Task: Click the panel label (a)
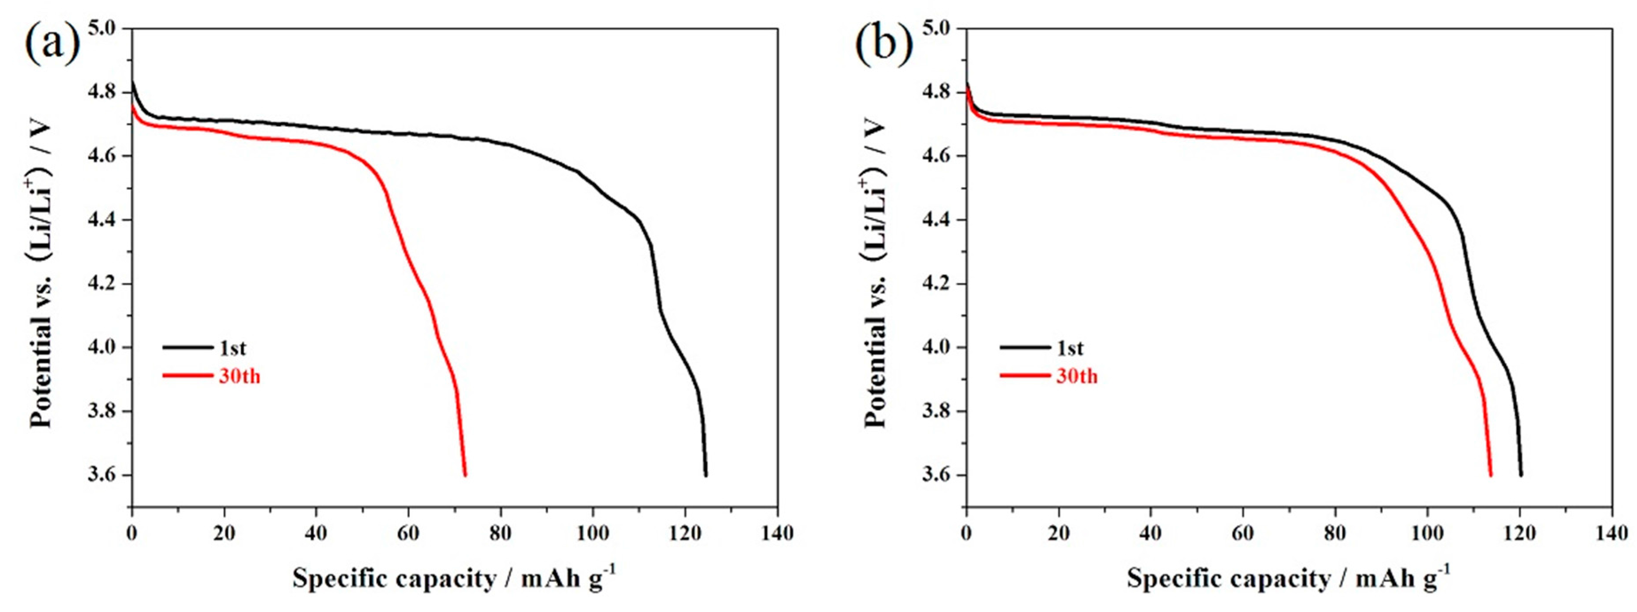click(53, 43)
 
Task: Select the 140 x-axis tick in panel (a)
click(776, 533)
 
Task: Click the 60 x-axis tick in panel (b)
click(1242, 533)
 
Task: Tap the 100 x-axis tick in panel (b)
click(1427, 533)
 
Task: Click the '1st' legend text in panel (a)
click(233, 348)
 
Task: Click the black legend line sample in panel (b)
click(1024, 348)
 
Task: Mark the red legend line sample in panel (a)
click(188, 376)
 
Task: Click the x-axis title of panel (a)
click(454, 578)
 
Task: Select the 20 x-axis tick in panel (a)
click(223, 533)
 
